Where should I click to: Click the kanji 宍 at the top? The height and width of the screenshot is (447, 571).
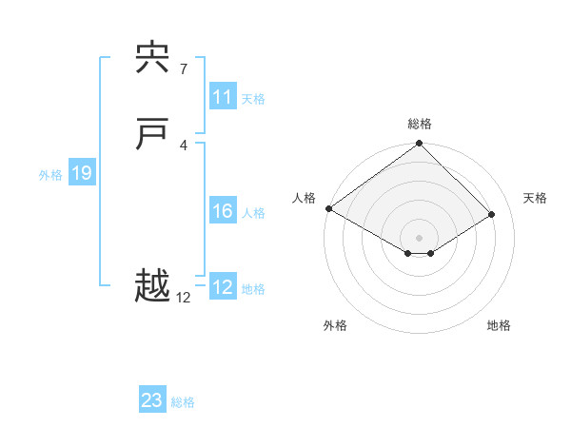coord(152,60)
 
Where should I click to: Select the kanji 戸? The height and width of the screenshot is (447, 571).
coord(152,136)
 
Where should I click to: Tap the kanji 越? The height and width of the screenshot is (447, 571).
coord(152,285)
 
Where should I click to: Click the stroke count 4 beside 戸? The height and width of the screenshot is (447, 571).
coord(183,145)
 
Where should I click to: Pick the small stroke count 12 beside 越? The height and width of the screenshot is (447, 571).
coord(183,298)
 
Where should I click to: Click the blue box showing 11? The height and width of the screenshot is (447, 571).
coord(223,97)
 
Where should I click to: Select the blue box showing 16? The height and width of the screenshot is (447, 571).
coord(223,211)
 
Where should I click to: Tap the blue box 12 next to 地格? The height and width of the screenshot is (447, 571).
coord(223,287)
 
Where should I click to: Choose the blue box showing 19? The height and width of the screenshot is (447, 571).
coord(82,173)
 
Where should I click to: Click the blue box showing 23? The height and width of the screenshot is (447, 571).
coord(152,400)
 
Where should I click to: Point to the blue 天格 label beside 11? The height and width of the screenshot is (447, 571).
coord(253,99)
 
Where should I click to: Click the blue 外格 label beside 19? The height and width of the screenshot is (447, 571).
coord(50,175)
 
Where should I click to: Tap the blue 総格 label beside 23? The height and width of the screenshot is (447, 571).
coord(183,402)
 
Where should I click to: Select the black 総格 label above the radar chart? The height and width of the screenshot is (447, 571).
coord(420,124)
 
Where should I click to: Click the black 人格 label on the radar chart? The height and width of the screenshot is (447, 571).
coord(304,198)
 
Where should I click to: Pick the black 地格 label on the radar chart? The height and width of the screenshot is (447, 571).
coord(499,325)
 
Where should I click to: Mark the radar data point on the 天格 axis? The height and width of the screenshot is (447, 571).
coord(492,215)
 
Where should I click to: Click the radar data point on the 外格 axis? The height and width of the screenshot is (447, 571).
coord(408,253)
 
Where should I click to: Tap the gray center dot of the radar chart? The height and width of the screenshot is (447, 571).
coord(420,238)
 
